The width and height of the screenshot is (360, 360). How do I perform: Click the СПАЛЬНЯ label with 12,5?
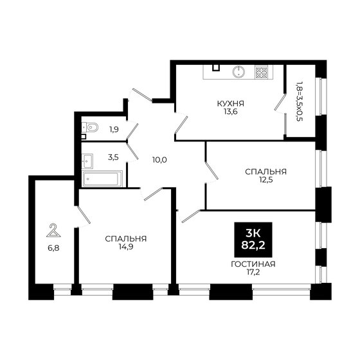tap(265, 172)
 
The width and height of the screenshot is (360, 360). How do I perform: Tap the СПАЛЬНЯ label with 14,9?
tap(126, 239)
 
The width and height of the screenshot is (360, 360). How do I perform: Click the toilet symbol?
tap(90, 127)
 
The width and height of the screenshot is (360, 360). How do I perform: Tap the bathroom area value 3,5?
tap(113, 156)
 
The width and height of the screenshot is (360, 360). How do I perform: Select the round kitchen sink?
tap(238, 72)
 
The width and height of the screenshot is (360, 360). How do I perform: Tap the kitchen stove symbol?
tap(262, 72)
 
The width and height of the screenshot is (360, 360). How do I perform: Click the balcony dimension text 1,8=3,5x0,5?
tap(298, 101)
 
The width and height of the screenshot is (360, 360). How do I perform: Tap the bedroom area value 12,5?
tap(265, 181)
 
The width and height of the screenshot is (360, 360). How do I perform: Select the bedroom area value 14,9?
tap(126, 248)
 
